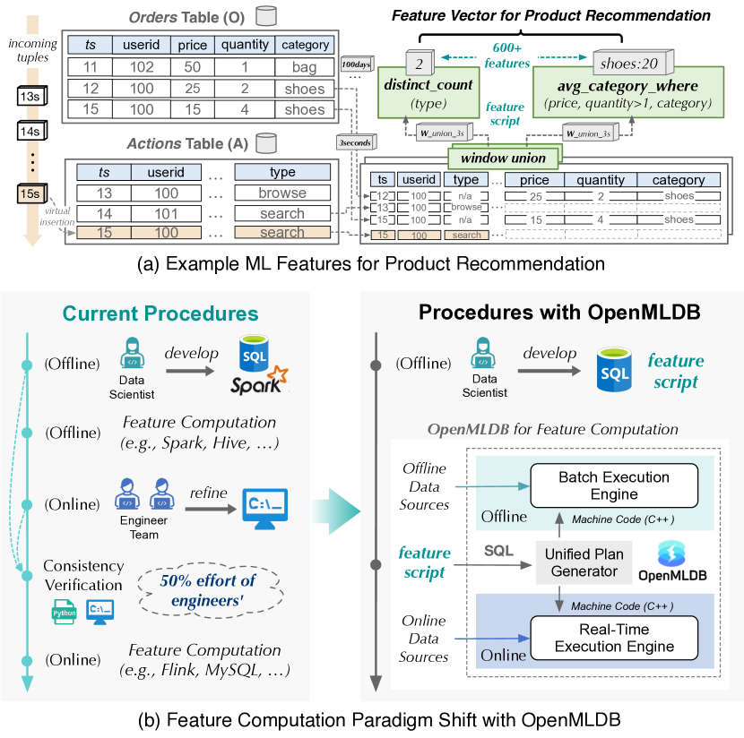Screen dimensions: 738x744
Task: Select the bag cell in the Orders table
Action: pyautogui.click(x=304, y=67)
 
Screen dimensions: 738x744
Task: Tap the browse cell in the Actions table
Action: pyautogui.click(x=281, y=193)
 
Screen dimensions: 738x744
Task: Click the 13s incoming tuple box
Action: pyautogui.click(x=31, y=97)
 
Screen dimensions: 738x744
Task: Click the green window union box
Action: pyautogui.click(x=503, y=157)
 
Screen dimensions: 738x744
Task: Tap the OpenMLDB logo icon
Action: pyautogui.click(x=670, y=552)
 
